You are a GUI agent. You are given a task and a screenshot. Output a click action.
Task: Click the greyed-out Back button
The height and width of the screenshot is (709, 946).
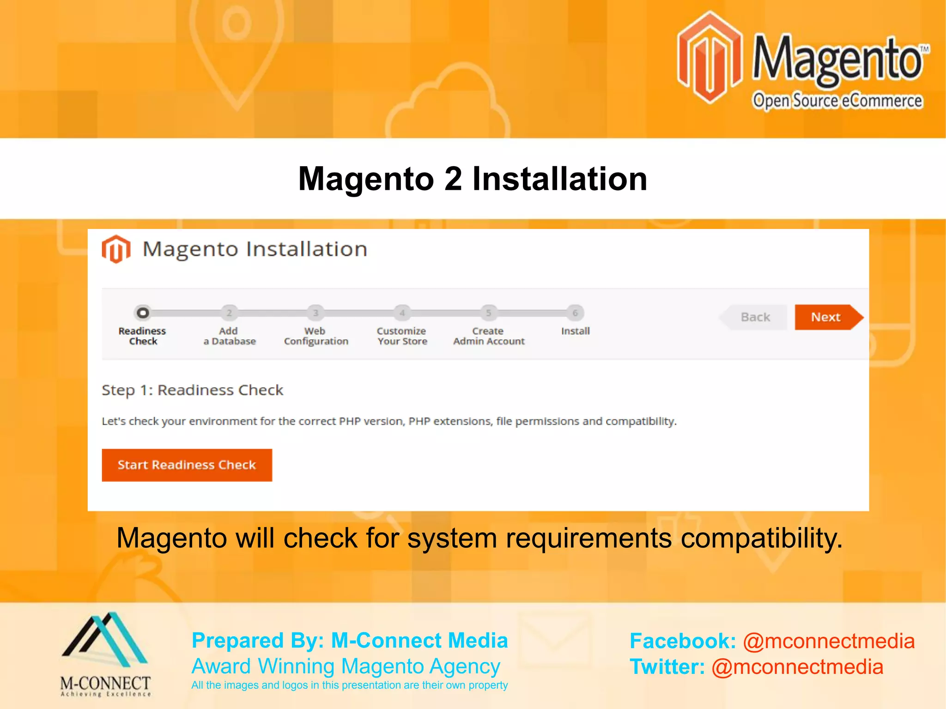point(755,317)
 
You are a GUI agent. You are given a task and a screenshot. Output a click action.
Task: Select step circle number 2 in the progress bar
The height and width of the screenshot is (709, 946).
point(229,313)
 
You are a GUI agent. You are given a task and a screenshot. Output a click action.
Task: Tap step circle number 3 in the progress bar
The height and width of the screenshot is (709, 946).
point(315,313)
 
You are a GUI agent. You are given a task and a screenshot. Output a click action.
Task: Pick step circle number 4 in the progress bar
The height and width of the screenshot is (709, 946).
point(402,313)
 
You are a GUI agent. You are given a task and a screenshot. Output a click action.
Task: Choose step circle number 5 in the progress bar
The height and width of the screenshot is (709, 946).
point(488,313)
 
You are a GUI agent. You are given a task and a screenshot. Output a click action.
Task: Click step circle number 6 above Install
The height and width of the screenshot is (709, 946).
point(575,313)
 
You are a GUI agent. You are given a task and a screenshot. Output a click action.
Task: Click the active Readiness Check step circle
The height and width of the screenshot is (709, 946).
point(143,313)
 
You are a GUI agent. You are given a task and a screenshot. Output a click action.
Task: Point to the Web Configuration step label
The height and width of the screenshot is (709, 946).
point(316,336)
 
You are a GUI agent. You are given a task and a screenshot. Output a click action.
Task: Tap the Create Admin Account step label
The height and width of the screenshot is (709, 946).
point(489,336)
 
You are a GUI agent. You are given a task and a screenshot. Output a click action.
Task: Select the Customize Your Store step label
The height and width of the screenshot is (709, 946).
point(402,336)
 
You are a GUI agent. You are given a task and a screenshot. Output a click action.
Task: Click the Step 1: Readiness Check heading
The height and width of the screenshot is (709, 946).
point(192,390)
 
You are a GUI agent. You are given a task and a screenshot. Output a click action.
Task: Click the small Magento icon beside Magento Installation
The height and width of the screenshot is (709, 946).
point(116,249)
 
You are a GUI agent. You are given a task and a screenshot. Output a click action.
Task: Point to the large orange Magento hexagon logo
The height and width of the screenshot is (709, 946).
point(709,58)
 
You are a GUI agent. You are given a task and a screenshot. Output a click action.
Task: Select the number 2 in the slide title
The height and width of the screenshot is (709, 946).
point(453,179)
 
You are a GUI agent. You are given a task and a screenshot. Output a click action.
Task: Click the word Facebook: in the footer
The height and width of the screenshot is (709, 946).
point(682,641)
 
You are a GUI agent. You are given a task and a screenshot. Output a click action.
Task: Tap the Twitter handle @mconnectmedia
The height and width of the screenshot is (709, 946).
point(797,667)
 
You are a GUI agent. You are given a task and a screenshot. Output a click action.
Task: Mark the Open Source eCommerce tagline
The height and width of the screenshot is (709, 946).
point(837,101)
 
